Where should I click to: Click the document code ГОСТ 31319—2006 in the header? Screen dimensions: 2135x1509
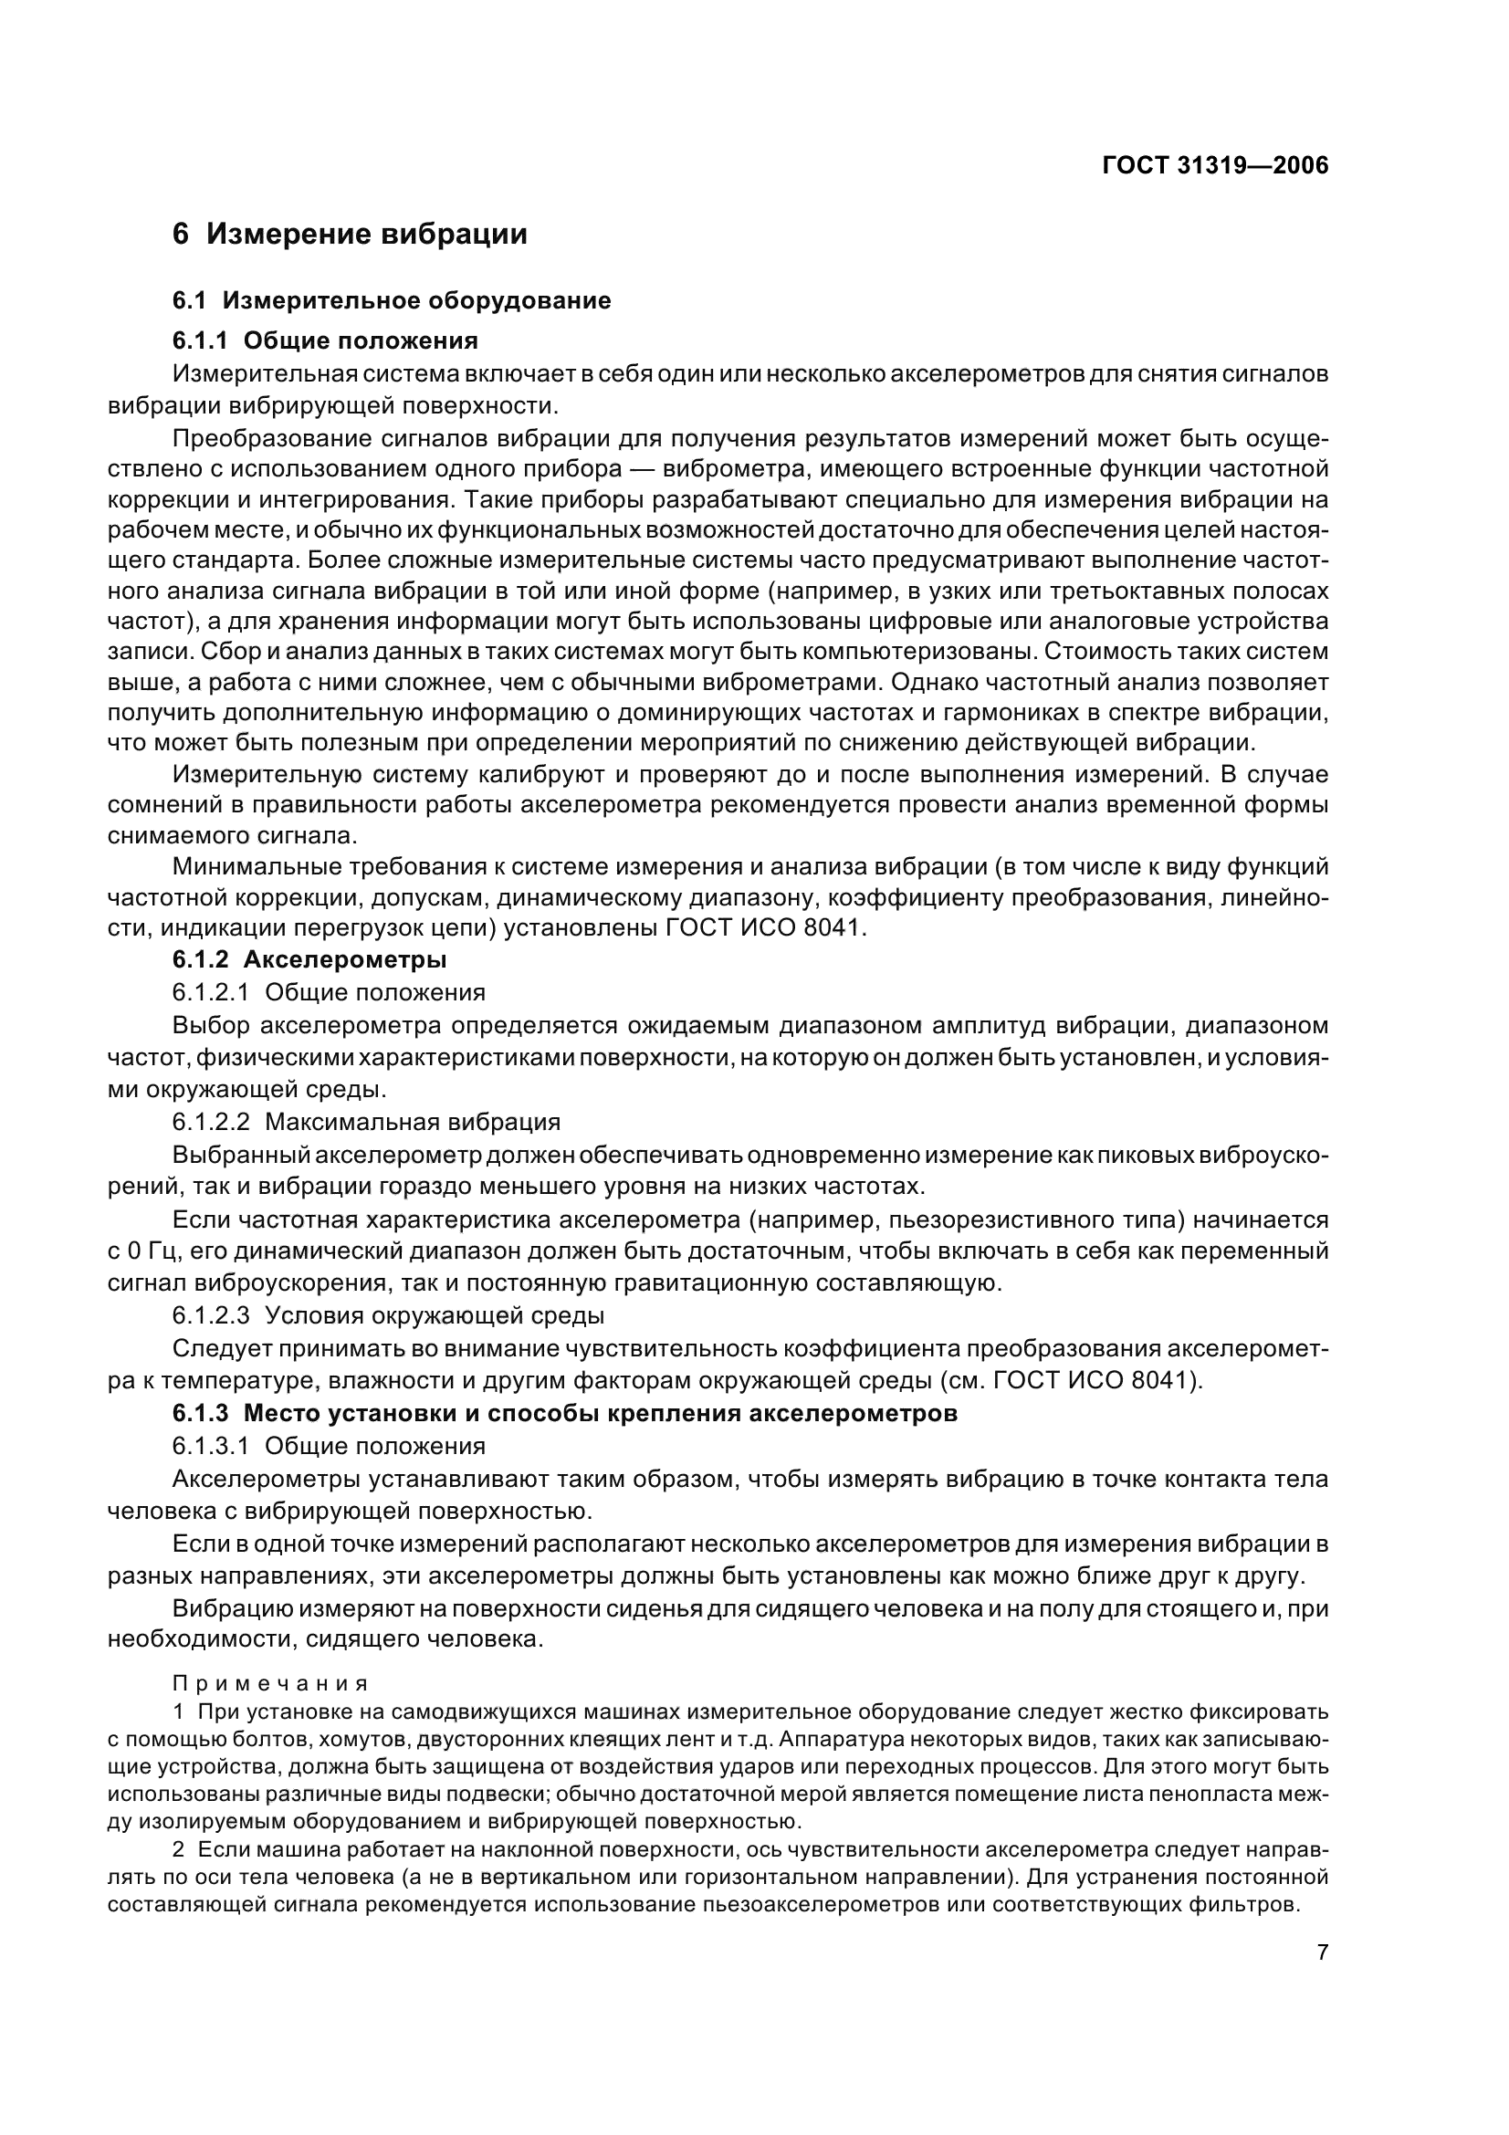pyautogui.click(x=1214, y=165)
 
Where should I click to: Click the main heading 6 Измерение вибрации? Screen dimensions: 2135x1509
pyautogui.click(x=350, y=235)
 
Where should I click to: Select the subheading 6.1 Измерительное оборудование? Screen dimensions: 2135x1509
pyautogui.click(x=392, y=300)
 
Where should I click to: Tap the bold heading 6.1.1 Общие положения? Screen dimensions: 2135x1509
pyautogui.click(x=324, y=340)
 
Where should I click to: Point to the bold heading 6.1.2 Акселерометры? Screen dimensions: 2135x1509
pyautogui.click(x=309, y=958)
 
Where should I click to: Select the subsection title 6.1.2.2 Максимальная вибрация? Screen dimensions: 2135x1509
pyautogui.click(x=366, y=1122)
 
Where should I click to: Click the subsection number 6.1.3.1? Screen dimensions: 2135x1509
pyautogui.click(x=210, y=1446)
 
